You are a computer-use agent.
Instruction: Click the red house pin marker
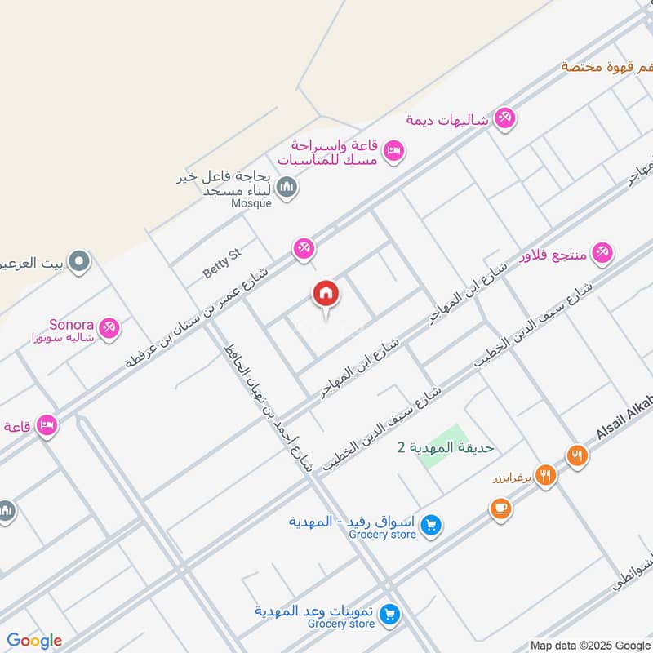point(325,294)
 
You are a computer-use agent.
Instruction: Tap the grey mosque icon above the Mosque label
point(286,189)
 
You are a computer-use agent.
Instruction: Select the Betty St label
point(223,264)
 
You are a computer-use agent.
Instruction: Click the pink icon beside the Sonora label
point(109,328)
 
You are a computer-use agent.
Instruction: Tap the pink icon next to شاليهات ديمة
point(505,119)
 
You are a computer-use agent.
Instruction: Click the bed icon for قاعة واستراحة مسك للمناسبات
point(394,152)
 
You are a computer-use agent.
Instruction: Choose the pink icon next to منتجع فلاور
point(602,252)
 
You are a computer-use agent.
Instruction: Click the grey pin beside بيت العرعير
point(79,262)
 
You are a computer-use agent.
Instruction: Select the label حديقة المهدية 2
point(445,447)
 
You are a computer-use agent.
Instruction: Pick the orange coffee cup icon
point(500,509)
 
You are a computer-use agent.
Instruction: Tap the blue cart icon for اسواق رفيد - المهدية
point(433,526)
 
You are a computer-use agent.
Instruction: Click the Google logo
point(34,641)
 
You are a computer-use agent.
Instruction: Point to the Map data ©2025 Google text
point(589,643)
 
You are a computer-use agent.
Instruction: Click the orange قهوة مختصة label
point(607,66)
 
